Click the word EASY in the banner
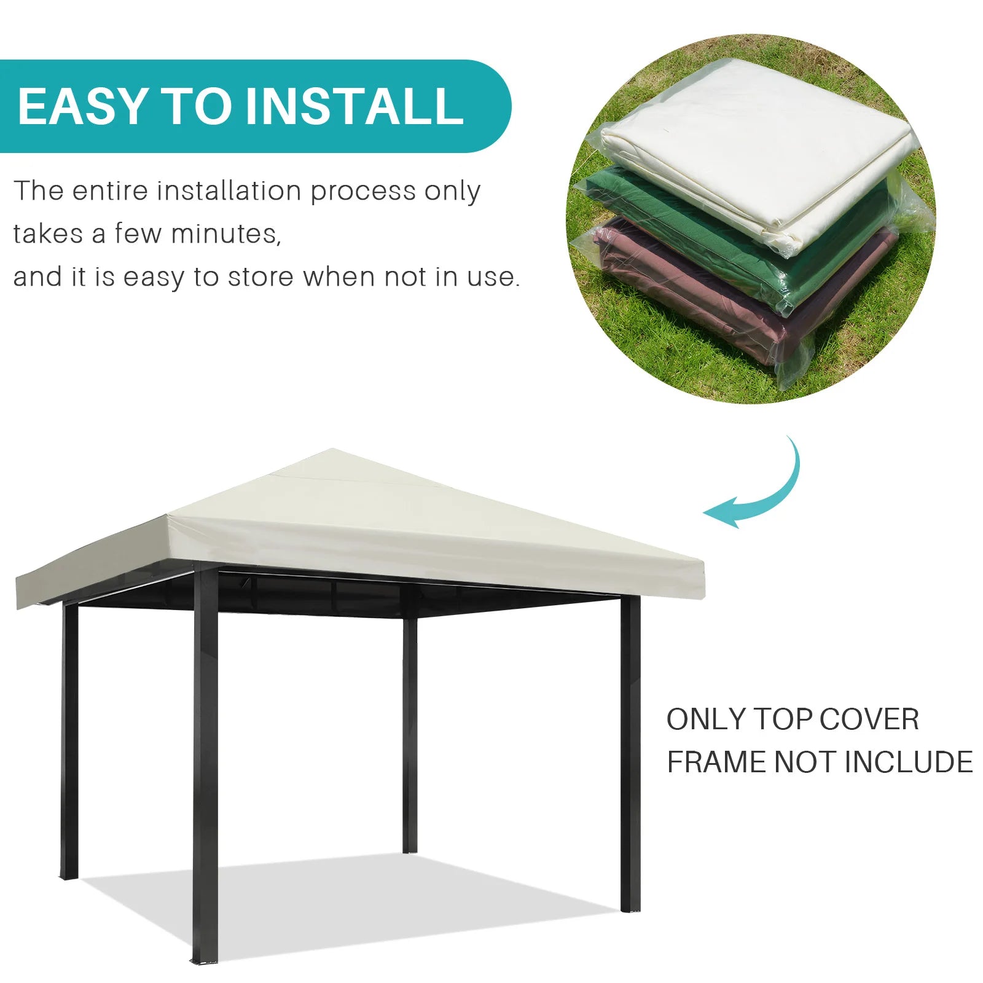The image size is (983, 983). coord(83,106)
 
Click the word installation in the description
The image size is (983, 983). coord(228,190)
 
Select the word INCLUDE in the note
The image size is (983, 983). coord(909,762)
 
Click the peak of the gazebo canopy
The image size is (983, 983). coord(332,450)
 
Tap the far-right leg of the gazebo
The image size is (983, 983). coord(630,753)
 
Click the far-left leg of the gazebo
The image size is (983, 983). coord(70,740)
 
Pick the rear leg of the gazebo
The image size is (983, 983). coord(410,734)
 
